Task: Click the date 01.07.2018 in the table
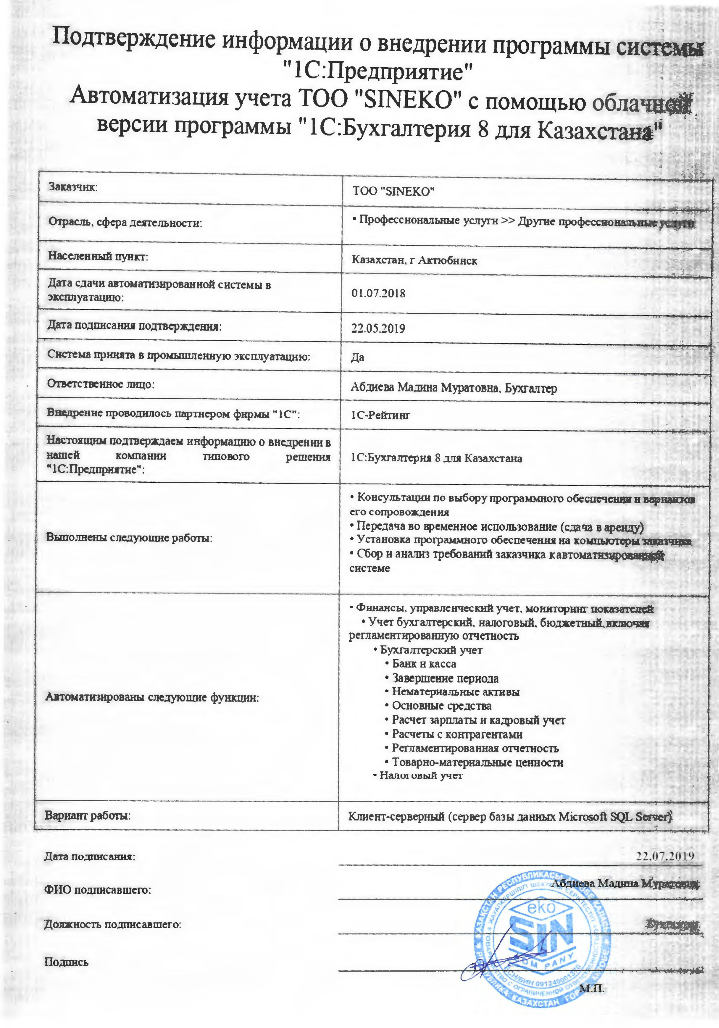pos(378,294)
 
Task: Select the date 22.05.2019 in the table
pos(378,329)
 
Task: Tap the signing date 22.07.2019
pos(665,856)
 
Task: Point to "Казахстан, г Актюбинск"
pos(414,260)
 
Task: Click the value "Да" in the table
pos(358,357)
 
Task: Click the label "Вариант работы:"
pos(88,816)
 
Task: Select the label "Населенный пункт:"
pos(98,257)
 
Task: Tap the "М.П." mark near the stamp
pos(592,988)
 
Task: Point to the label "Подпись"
pos(66,962)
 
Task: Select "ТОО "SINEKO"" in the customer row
pos(394,192)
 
